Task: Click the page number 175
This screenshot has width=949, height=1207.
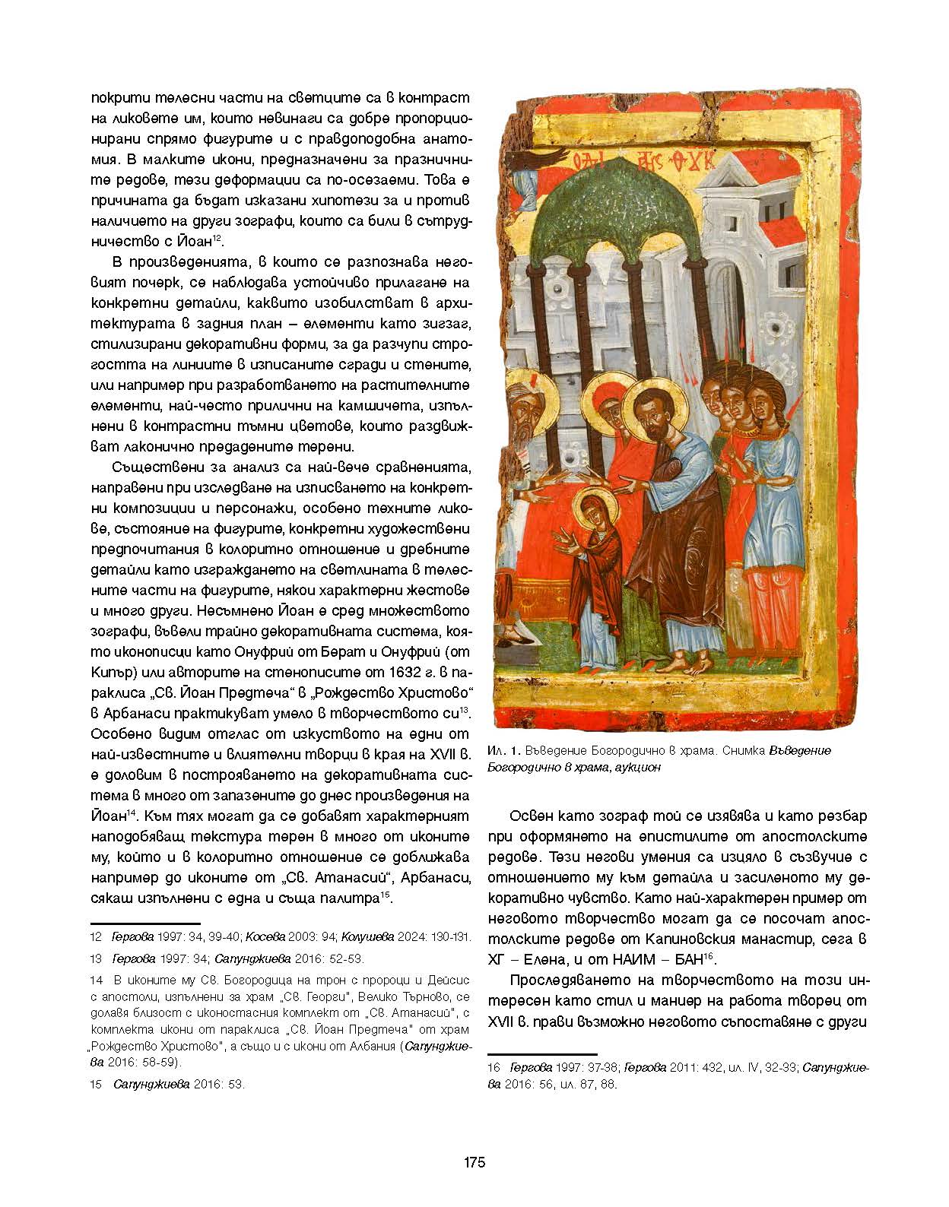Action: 474,1162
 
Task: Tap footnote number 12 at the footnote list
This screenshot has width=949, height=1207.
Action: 96,937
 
